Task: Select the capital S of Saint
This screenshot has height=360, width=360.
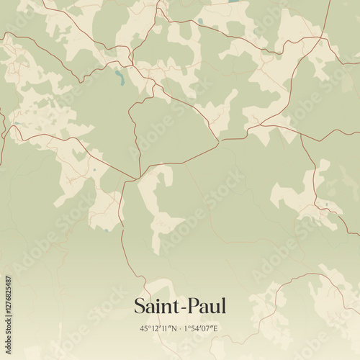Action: pyautogui.click(x=140, y=306)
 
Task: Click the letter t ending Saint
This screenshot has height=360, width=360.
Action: pyautogui.click(x=178, y=307)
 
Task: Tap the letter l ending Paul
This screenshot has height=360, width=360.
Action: pyautogui.click(x=224, y=305)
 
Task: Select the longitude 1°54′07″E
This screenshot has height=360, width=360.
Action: pyautogui.click(x=202, y=328)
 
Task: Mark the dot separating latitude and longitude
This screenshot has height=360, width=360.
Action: pyautogui.click(x=180, y=328)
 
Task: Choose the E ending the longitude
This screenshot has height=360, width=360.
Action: pyautogui.click(x=215, y=328)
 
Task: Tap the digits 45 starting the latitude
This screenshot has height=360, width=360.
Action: pyautogui.click(x=144, y=328)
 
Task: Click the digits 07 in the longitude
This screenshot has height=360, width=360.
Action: pyautogui.click(x=207, y=328)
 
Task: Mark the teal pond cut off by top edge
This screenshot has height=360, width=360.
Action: pyautogui.click(x=233, y=1)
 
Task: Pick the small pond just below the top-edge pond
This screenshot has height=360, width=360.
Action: pyautogui.click(x=200, y=22)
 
